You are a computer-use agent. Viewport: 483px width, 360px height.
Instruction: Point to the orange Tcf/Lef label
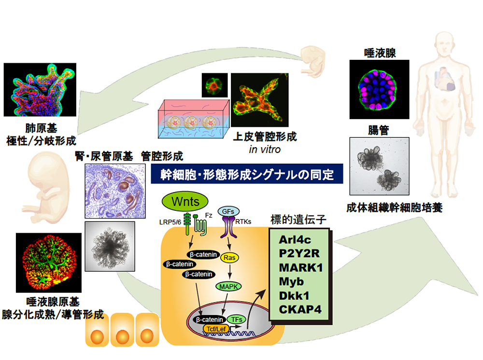point(215,329)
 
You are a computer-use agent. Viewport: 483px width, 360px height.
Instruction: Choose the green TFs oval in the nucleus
point(236,319)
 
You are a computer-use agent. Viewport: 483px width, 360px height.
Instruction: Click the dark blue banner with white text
point(247,174)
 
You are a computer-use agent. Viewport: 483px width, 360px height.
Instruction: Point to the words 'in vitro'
point(264,150)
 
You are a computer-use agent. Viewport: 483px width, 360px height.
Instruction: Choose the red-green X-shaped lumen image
point(260,100)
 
